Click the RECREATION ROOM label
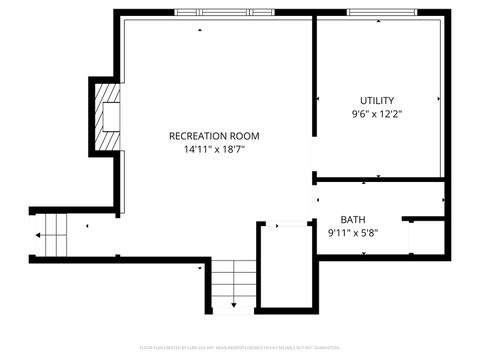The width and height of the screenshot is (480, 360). pos(214,135)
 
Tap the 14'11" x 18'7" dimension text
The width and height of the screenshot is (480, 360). pos(214,149)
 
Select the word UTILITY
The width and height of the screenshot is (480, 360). pos(377,100)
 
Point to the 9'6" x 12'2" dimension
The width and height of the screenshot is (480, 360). pos(377,114)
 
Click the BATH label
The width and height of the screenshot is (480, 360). pos(353,220)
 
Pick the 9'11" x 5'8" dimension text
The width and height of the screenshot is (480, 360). pos(353,234)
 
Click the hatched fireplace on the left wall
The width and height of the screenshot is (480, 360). pos(105,117)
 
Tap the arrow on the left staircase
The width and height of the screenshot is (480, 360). pos(41,236)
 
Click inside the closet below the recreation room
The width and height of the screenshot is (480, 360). pos(285,265)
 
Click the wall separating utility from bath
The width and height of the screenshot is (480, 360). pos(380,180)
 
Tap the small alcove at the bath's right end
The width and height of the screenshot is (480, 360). pos(424,237)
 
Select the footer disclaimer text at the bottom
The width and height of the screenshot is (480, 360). pos(240,349)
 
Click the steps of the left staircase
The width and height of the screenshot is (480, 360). pos(56,236)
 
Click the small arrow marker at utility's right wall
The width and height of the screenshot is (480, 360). pos(439,99)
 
